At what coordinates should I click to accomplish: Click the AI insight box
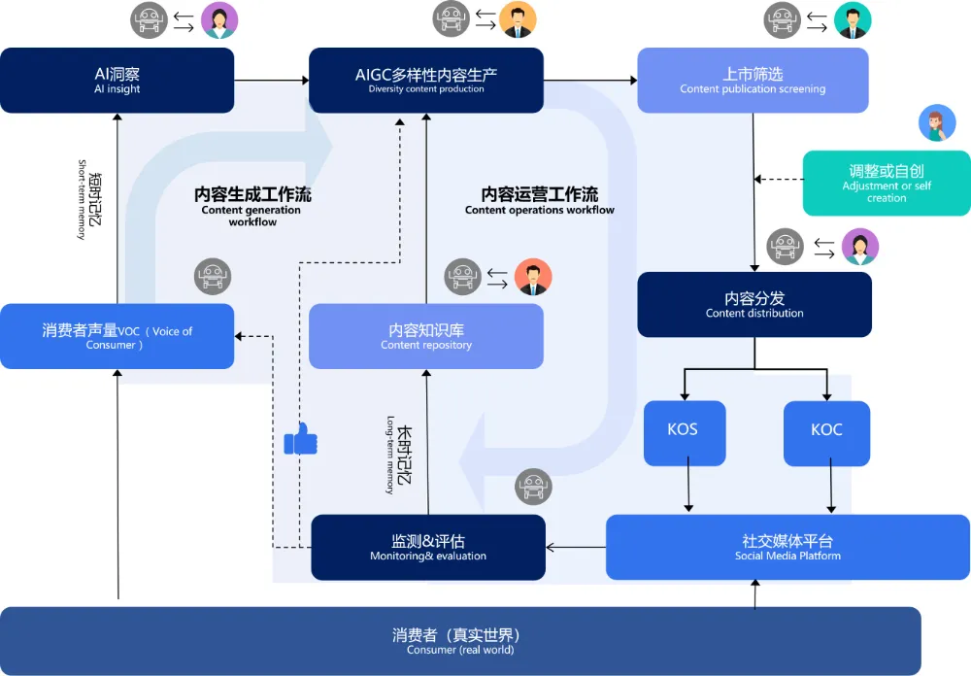pyautogui.click(x=117, y=81)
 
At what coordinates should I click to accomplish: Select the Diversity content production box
pyautogui.click(x=425, y=81)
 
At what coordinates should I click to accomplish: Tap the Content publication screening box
pyautogui.click(x=753, y=81)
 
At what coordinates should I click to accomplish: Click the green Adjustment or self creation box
pyautogui.click(x=886, y=183)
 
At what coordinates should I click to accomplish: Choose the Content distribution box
pyautogui.click(x=754, y=305)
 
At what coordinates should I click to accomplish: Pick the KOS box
pyautogui.click(x=685, y=431)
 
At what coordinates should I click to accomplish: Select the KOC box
pyautogui.click(x=826, y=431)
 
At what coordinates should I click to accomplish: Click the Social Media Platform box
pyautogui.click(x=787, y=548)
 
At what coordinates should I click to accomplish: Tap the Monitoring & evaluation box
pyautogui.click(x=427, y=548)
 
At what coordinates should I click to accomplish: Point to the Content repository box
pyautogui.click(x=425, y=336)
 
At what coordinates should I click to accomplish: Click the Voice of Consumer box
pyautogui.click(x=117, y=336)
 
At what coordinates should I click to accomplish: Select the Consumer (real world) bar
pyautogui.click(x=460, y=641)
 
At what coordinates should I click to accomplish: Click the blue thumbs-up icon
pyautogui.click(x=300, y=440)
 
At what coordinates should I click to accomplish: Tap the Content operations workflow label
pyautogui.click(x=539, y=201)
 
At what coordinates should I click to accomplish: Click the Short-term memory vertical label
pyautogui.click(x=89, y=199)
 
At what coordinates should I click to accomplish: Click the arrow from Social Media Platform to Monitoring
pyautogui.click(x=576, y=548)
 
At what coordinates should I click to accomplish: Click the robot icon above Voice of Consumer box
pyautogui.click(x=213, y=277)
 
